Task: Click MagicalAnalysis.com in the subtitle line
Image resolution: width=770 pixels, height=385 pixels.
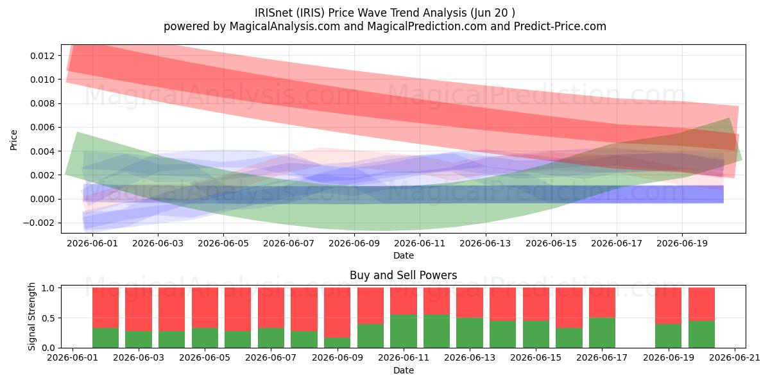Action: point(285,26)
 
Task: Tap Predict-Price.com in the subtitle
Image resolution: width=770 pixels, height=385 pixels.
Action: point(560,26)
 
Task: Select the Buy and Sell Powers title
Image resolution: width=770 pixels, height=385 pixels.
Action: point(403,275)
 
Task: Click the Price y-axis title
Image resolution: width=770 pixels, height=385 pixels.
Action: point(13,140)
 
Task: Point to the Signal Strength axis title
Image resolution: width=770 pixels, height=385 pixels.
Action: point(31,316)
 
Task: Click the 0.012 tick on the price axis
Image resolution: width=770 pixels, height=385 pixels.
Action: point(42,56)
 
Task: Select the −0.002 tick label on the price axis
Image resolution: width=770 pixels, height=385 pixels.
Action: point(39,223)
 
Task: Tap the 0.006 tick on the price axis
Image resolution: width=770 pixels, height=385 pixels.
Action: point(42,128)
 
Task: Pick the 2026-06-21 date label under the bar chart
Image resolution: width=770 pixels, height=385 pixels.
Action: point(735,357)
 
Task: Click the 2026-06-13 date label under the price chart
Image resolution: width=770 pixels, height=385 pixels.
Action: point(485,243)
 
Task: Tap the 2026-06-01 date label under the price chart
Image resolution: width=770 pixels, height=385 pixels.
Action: point(92,243)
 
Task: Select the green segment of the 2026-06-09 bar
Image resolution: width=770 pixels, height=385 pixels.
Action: point(337,343)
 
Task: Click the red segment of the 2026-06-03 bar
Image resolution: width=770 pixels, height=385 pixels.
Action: point(139,309)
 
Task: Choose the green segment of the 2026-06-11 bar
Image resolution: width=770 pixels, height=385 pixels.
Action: point(403,331)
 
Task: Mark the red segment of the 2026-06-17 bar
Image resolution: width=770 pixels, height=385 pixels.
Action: point(602,302)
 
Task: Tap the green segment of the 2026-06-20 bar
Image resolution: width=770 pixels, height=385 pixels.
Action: point(701,334)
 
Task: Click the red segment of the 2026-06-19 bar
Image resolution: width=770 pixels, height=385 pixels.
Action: point(668,305)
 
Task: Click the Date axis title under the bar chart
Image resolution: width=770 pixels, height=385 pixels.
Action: point(403,370)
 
